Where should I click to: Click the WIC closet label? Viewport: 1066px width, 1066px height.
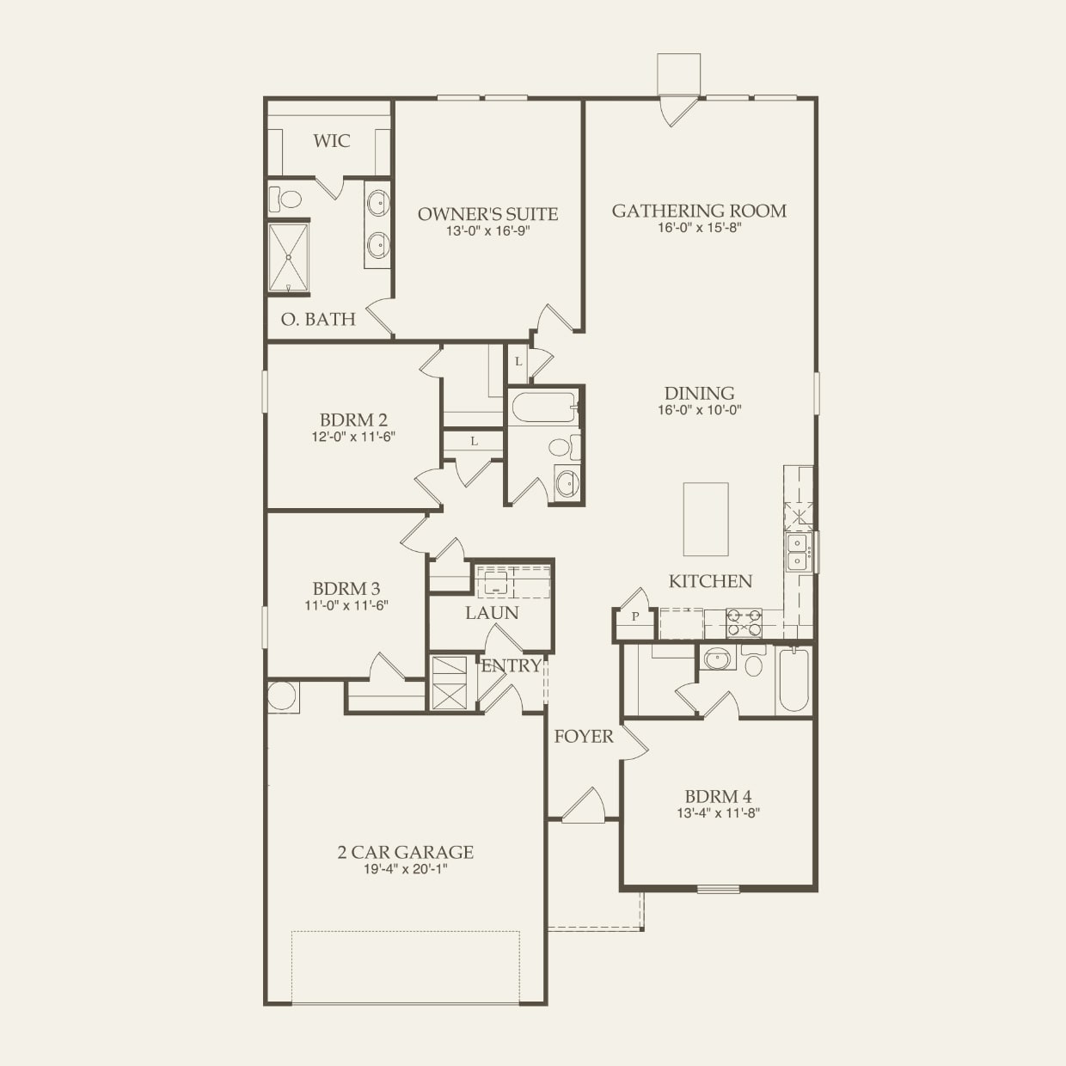click(x=331, y=141)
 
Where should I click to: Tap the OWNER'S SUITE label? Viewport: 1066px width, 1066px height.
click(x=487, y=214)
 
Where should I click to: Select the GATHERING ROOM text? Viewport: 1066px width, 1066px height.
click(x=699, y=211)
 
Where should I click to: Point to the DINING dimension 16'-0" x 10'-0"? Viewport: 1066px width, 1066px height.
click(x=699, y=411)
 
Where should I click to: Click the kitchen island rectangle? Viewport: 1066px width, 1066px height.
click(x=706, y=518)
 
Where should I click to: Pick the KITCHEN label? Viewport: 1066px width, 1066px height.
click(x=710, y=581)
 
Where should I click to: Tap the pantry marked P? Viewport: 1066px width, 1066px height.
click(x=635, y=616)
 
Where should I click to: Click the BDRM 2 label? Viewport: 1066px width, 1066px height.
click(x=353, y=420)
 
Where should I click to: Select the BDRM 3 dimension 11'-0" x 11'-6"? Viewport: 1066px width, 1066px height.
click(x=346, y=605)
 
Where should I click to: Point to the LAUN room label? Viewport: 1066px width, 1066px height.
click(x=492, y=613)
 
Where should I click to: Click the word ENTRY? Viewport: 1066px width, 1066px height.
click(x=511, y=665)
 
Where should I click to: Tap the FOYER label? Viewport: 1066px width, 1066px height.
click(x=584, y=736)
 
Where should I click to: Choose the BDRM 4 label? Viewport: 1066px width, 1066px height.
click(x=718, y=796)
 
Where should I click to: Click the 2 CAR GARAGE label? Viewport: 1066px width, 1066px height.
click(x=405, y=852)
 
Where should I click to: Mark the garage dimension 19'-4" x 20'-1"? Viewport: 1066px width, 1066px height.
click(x=405, y=869)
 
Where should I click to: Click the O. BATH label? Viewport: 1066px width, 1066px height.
click(x=318, y=319)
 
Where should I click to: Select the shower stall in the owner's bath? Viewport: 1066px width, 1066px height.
click(x=289, y=259)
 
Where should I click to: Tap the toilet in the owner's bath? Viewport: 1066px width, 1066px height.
click(x=287, y=199)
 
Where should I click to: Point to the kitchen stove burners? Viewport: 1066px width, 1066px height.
click(x=744, y=622)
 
